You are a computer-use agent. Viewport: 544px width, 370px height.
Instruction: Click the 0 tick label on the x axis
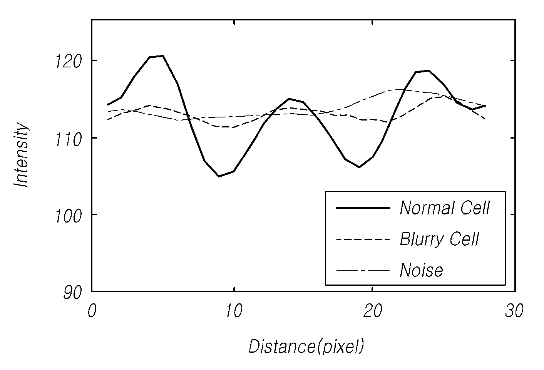click(x=92, y=311)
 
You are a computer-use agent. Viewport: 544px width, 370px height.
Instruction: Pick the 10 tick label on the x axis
click(x=234, y=311)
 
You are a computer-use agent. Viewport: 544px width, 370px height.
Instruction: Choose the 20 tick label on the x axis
click(x=373, y=311)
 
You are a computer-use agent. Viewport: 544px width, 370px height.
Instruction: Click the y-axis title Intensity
click(x=22, y=155)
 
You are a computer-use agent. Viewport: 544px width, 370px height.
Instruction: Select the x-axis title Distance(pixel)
click(x=306, y=347)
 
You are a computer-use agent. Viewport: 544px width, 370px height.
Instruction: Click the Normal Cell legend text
click(x=444, y=208)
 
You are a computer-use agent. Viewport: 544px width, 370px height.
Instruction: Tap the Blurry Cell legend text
click(x=439, y=239)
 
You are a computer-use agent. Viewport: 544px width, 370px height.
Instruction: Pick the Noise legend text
click(x=421, y=270)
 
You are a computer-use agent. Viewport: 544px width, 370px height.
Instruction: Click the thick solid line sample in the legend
click(x=363, y=208)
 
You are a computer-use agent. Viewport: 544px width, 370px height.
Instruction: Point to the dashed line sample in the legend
click(x=363, y=239)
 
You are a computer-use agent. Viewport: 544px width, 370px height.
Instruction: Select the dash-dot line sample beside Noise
click(x=363, y=270)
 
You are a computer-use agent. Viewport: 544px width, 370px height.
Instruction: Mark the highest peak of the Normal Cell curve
click(x=163, y=56)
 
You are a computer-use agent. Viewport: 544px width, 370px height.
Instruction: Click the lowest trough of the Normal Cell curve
click(x=219, y=176)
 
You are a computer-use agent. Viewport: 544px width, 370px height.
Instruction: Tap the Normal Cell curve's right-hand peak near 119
click(x=429, y=71)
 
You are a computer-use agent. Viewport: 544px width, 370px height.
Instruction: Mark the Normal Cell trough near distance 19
click(x=359, y=167)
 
